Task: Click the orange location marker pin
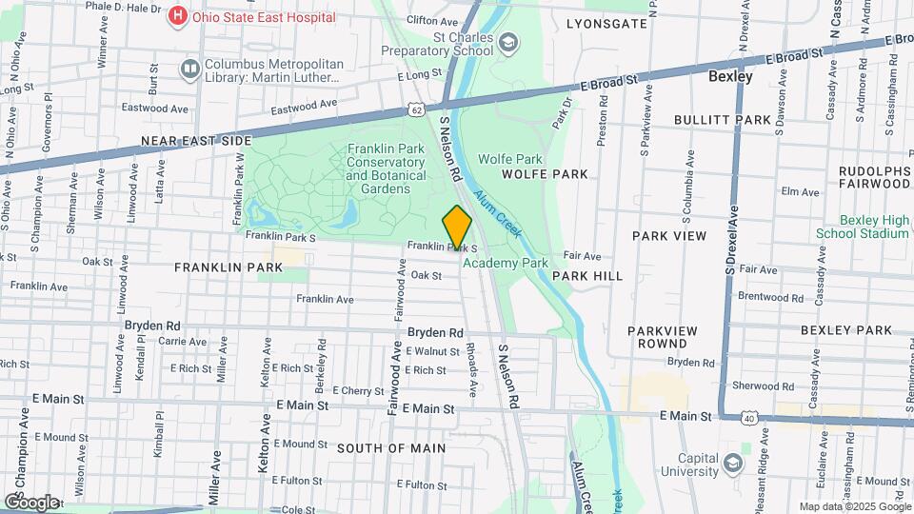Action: tap(457, 228)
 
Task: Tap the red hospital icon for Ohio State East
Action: tap(177, 16)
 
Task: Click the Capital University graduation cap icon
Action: tap(732, 463)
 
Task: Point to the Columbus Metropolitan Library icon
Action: tap(189, 69)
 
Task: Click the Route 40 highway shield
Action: tap(750, 419)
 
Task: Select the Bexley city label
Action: tap(730, 76)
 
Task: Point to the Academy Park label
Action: tap(506, 263)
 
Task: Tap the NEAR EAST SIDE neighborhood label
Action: tap(196, 141)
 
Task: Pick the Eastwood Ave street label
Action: tap(304, 109)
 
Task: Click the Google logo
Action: tap(31, 502)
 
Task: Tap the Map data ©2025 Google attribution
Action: tap(853, 507)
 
